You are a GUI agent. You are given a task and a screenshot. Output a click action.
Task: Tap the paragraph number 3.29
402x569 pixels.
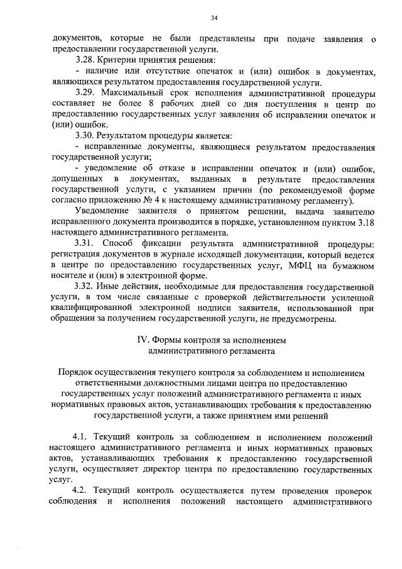(x=85, y=92)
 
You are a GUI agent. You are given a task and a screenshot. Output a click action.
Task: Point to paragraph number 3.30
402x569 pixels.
(x=85, y=136)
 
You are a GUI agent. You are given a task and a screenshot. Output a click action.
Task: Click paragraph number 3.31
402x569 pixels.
(x=85, y=244)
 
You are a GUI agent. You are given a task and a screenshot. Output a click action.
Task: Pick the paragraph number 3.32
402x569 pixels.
(x=85, y=287)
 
